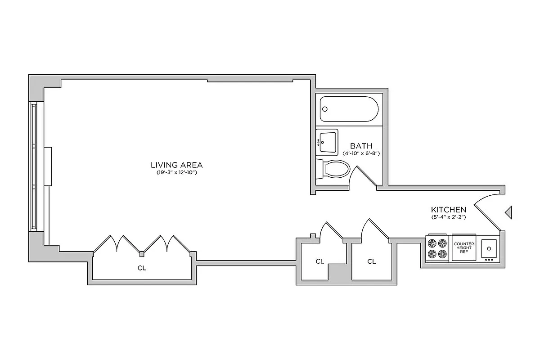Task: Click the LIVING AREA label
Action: point(176,165)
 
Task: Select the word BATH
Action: point(361,146)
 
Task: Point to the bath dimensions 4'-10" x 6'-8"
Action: point(361,153)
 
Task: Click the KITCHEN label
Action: point(448,210)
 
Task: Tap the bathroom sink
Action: point(327,142)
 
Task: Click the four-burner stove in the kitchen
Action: point(437,248)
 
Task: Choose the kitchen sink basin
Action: point(489,247)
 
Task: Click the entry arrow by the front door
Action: point(509,212)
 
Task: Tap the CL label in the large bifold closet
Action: point(142,268)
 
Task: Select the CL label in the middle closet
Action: point(319,261)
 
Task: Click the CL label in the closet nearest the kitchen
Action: point(371,261)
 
